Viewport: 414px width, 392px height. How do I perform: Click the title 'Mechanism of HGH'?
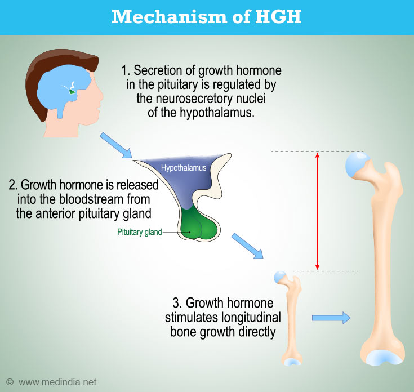pos(207,17)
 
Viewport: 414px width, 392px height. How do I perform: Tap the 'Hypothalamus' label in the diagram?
pos(184,168)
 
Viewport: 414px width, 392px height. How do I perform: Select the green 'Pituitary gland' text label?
pos(140,232)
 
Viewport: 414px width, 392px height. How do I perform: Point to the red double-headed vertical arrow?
pos(317,211)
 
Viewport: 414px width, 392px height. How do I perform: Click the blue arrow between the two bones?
pos(331,318)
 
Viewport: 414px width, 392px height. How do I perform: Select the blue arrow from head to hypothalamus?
pos(115,145)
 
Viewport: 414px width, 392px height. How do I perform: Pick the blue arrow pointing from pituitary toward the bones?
pos(247,246)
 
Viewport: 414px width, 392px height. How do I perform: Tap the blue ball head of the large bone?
pos(357,164)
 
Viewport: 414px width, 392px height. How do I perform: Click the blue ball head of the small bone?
pos(280,277)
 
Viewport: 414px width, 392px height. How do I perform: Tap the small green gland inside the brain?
pos(72,92)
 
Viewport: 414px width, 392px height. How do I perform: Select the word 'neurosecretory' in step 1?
pos(194,99)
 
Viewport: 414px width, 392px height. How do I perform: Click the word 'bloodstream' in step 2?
pos(91,199)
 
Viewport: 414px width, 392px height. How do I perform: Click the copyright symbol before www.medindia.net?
pos(10,382)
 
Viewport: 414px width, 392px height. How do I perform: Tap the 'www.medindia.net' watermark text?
pos(57,382)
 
